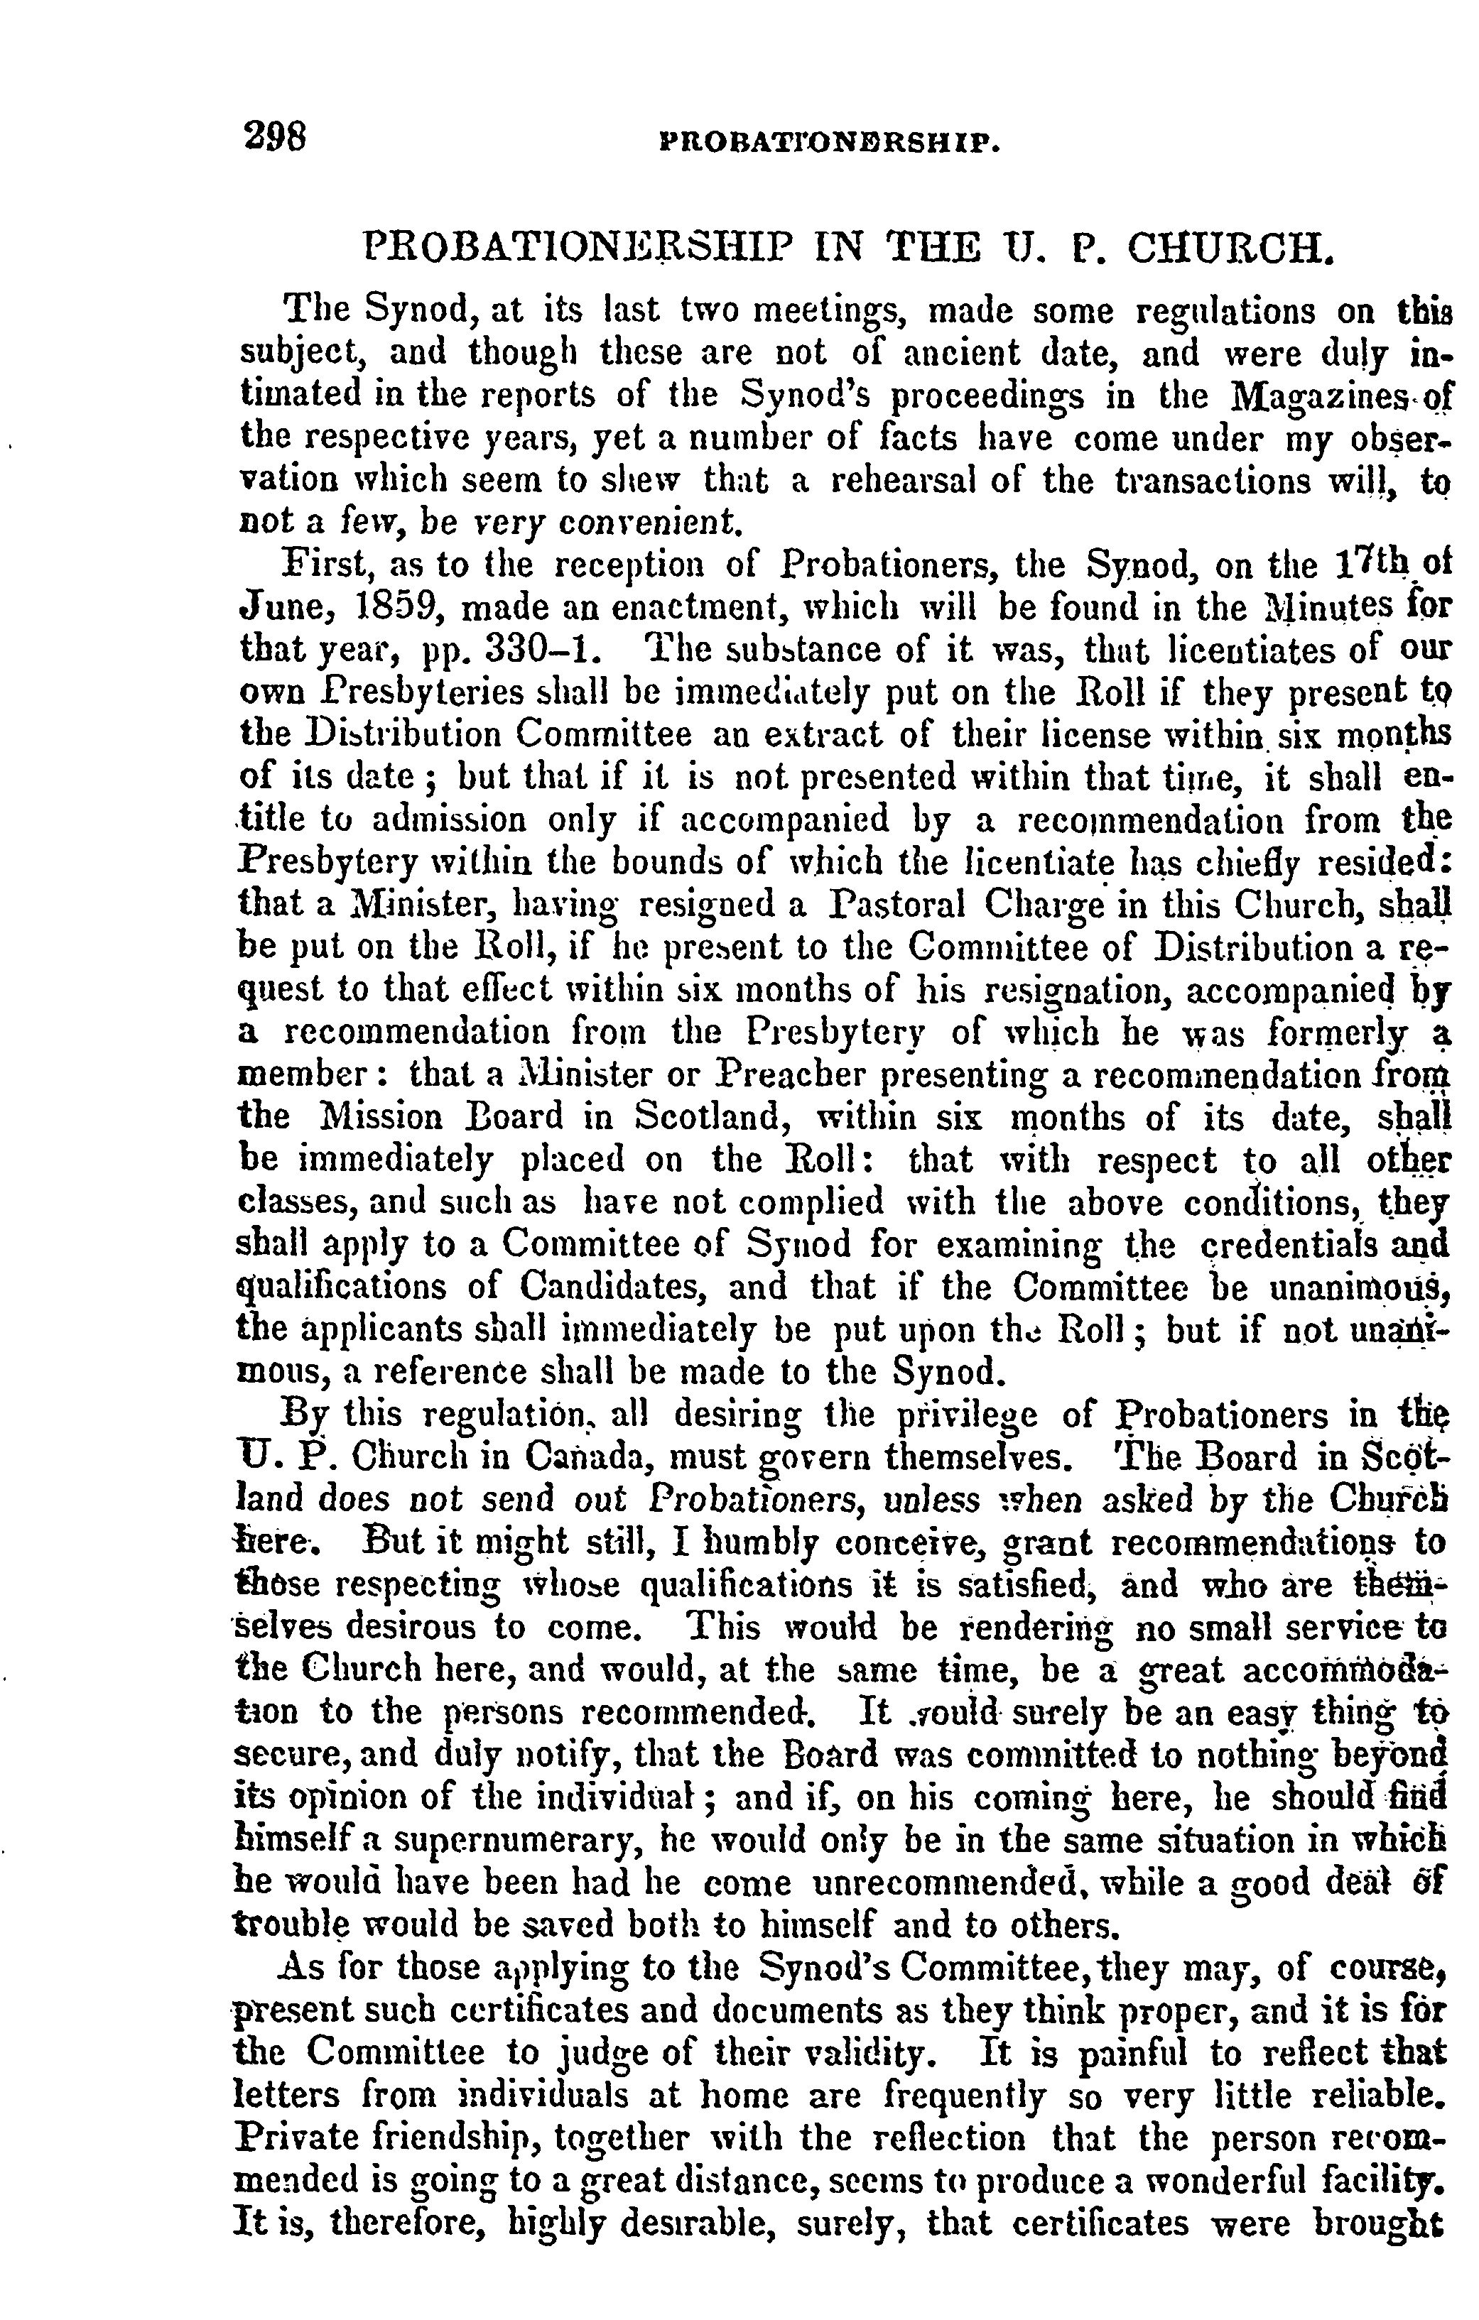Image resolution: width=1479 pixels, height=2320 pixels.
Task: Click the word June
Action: (289, 609)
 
